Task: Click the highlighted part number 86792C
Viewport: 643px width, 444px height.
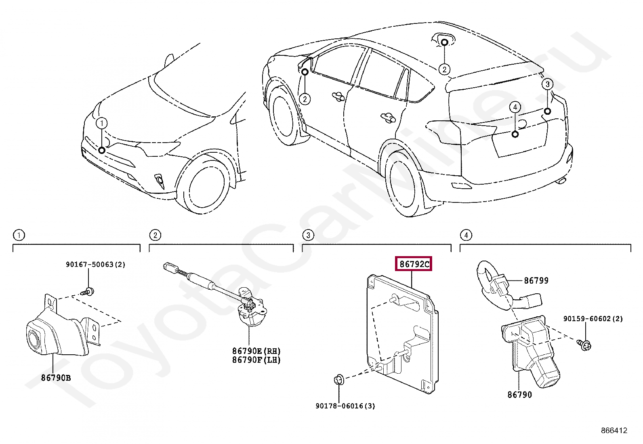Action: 414,264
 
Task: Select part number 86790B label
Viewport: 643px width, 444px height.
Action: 56,378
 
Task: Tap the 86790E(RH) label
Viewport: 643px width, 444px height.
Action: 256,351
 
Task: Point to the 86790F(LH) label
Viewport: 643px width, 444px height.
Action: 256,360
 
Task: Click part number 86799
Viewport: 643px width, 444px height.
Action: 536,280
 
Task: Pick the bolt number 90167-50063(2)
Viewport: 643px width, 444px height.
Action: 95,265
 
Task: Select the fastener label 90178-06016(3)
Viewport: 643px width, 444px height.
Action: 345,406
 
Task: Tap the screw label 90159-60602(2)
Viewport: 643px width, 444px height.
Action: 593,319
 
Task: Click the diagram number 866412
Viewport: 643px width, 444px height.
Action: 614,431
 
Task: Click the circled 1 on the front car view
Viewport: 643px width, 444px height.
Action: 102,123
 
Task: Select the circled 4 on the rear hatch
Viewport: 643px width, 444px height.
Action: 515,107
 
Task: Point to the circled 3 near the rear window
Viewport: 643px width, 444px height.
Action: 547,84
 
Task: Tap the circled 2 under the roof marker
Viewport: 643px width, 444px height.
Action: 444,69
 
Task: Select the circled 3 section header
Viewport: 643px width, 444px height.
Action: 308,235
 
